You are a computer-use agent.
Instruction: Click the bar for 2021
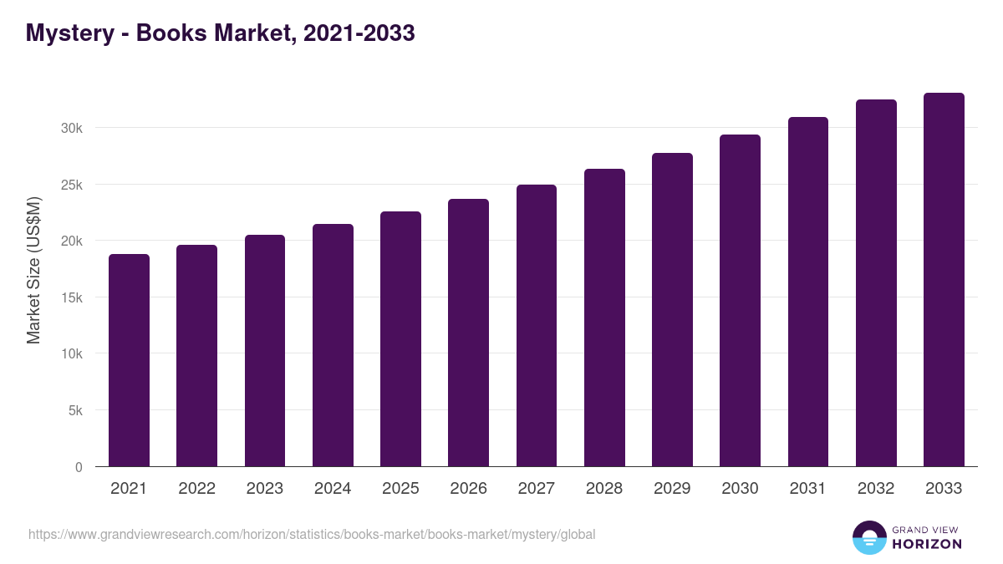tap(129, 360)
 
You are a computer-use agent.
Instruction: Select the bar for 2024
tap(333, 345)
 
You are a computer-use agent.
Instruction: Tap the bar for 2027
tap(537, 326)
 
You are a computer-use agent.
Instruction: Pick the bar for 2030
tap(740, 301)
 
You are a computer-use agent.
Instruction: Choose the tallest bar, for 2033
tap(944, 280)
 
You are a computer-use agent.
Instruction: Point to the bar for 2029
tap(672, 310)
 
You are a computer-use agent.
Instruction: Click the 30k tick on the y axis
tap(73, 128)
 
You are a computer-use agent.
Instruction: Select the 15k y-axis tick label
tap(73, 297)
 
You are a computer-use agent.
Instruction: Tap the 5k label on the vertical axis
tap(76, 410)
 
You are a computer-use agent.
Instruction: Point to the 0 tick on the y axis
tap(79, 467)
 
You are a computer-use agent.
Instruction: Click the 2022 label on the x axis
tap(196, 489)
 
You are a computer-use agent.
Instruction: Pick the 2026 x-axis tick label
tap(468, 489)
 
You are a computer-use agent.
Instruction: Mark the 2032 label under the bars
tap(876, 489)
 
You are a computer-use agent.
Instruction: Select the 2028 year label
tap(604, 489)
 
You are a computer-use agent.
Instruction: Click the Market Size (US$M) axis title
tap(33, 270)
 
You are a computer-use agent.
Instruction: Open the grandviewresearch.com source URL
tap(312, 534)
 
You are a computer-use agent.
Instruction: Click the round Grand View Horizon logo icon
tap(868, 537)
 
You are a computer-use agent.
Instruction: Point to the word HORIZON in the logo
tap(927, 544)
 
